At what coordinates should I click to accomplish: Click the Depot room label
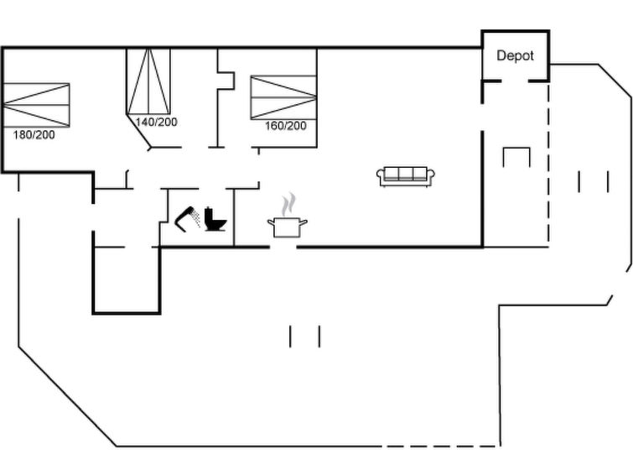[515, 55]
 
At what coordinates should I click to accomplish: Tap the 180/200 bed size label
[34, 135]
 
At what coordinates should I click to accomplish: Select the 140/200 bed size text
[156, 122]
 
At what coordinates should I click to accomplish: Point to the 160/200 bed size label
[286, 126]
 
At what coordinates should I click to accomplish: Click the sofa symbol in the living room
[406, 176]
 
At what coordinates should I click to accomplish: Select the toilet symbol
[215, 219]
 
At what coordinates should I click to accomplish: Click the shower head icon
[187, 219]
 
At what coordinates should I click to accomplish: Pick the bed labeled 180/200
[36, 105]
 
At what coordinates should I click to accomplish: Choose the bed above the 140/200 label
[148, 81]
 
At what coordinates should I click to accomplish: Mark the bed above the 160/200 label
[283, 97]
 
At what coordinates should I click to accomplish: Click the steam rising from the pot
[288, 205]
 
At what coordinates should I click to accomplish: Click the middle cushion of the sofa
[406, 174]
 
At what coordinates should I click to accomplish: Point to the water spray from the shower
[196, 218]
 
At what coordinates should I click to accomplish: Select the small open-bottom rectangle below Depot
[516, 157]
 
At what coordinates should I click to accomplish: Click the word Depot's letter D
[501, 55]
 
